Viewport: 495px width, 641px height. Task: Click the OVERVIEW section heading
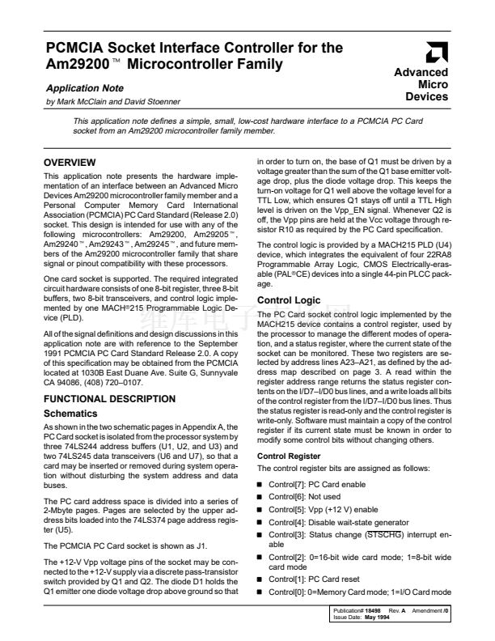(x=70, y=163)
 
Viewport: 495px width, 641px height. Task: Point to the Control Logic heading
(x=288, y=301)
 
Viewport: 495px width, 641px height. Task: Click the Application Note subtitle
(x=79, y=86)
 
